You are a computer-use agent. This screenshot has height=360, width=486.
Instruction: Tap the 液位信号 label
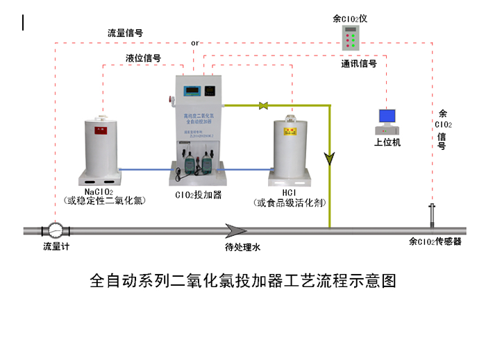(x=144, y=58)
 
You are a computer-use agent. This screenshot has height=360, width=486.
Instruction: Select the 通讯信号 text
(x=359, y=64)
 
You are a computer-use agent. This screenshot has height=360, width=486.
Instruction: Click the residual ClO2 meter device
(x=352, y=38)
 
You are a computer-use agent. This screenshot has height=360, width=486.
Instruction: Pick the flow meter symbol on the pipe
(x=53, y=230)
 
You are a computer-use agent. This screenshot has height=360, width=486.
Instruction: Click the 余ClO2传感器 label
(x=435, y=241)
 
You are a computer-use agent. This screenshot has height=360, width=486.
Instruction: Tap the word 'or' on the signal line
(x=195, y=43)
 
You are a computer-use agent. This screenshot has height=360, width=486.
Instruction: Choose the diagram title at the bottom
(x=242, y=281)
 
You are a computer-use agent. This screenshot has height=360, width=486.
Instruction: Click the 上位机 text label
(x=387, y=143)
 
